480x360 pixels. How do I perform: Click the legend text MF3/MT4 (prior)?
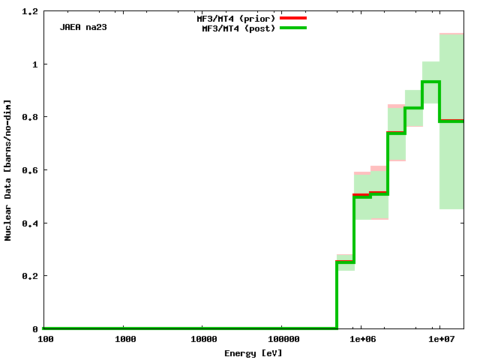tap(232, 18)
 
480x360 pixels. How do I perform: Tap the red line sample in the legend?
tap(293, 17)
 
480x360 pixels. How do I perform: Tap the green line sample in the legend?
tap(293, 28)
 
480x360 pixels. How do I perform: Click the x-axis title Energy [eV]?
tap(253, 352)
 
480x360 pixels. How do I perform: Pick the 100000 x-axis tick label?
tap(281, 339)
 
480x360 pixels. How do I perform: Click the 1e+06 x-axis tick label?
tap(361, 339)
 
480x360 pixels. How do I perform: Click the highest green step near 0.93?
tap(431, 82)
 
